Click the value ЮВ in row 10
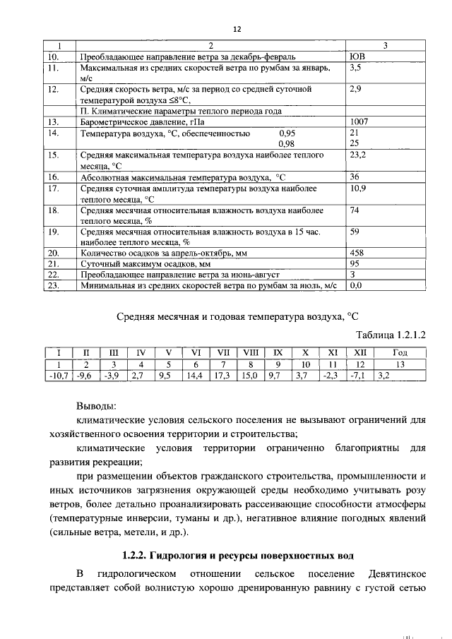point(357,56)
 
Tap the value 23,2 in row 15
point(358,153)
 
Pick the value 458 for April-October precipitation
point(358,251)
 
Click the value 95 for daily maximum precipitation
point(355,263)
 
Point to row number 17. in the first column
point(52,189)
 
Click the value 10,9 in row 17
point(358,189)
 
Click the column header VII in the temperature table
point(223,352)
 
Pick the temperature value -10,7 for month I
point(56,375)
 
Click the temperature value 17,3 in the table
point(223,375)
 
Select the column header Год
point(400,352)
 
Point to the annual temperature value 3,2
point(383,375)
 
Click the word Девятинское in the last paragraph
point(397,571)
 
